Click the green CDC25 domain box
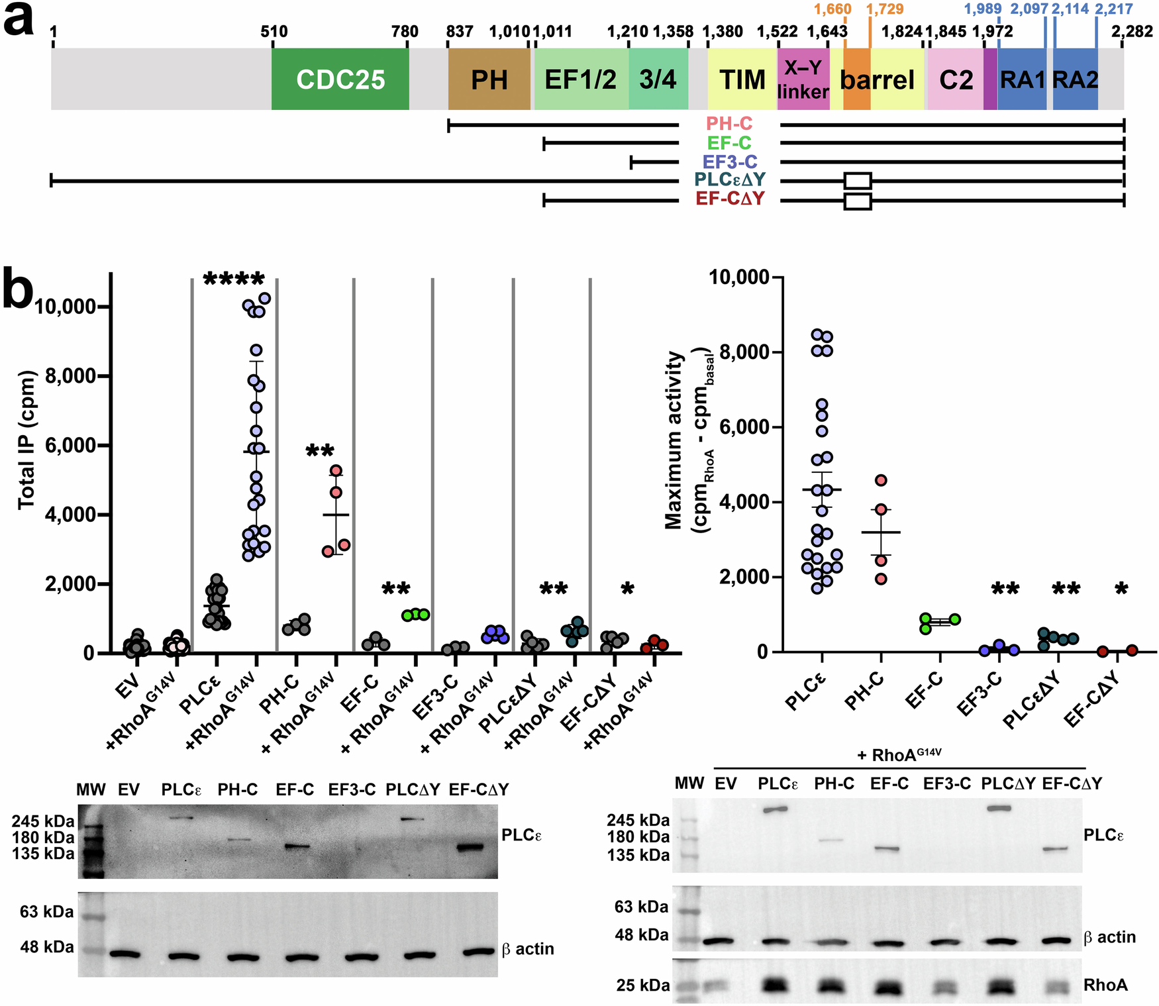click(340, 79)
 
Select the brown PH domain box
click(489, 79)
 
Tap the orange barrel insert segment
click(856, 79)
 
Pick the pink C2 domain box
click(956, 79)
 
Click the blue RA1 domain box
click(1022, 79)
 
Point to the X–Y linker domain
click(803, 79)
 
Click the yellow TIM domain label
click(742, 80)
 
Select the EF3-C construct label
click(730, 162)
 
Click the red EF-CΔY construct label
click(730, 199)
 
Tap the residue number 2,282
click(1132, 31)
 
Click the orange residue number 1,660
click(832, 9)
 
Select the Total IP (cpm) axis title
click(26, 440)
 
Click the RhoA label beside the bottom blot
click(1105, 985)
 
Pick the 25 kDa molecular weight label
click(642, 985)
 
